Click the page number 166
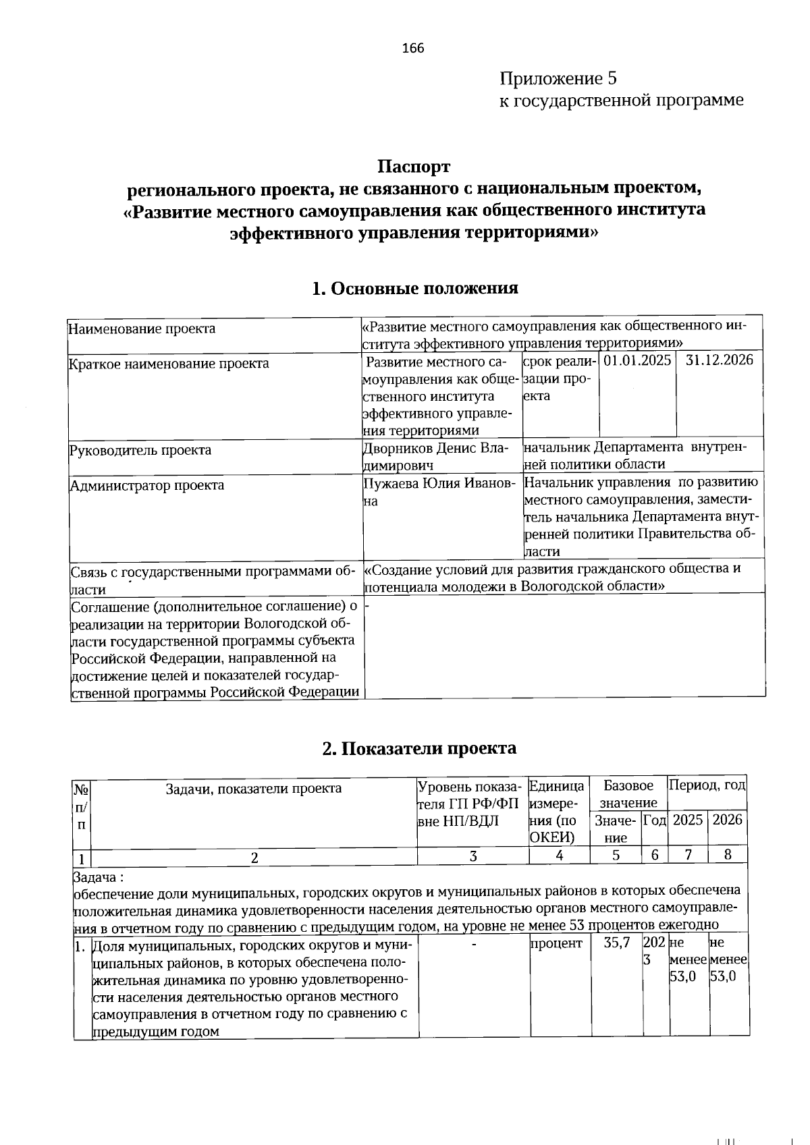click(x=412, y=48)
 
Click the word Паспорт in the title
click(x=413, y=166)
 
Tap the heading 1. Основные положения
click(x=414, y=288)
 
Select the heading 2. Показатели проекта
click(x=418, y=748)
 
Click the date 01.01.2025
click(x=637, y=360)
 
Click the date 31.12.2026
click(x=719, y=360)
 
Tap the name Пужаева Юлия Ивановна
click(x=439, y=491)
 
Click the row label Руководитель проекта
click(x=140, y=450)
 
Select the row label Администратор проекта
click(x=147, y=485)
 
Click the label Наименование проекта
click(x=142, y=329)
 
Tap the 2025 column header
click(x=688, y=820)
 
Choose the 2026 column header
click(x=727, y=820)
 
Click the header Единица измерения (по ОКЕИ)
click(x=557, y=812)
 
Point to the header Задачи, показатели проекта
click(x=254, y=788)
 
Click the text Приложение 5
click(x=558, y=79)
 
